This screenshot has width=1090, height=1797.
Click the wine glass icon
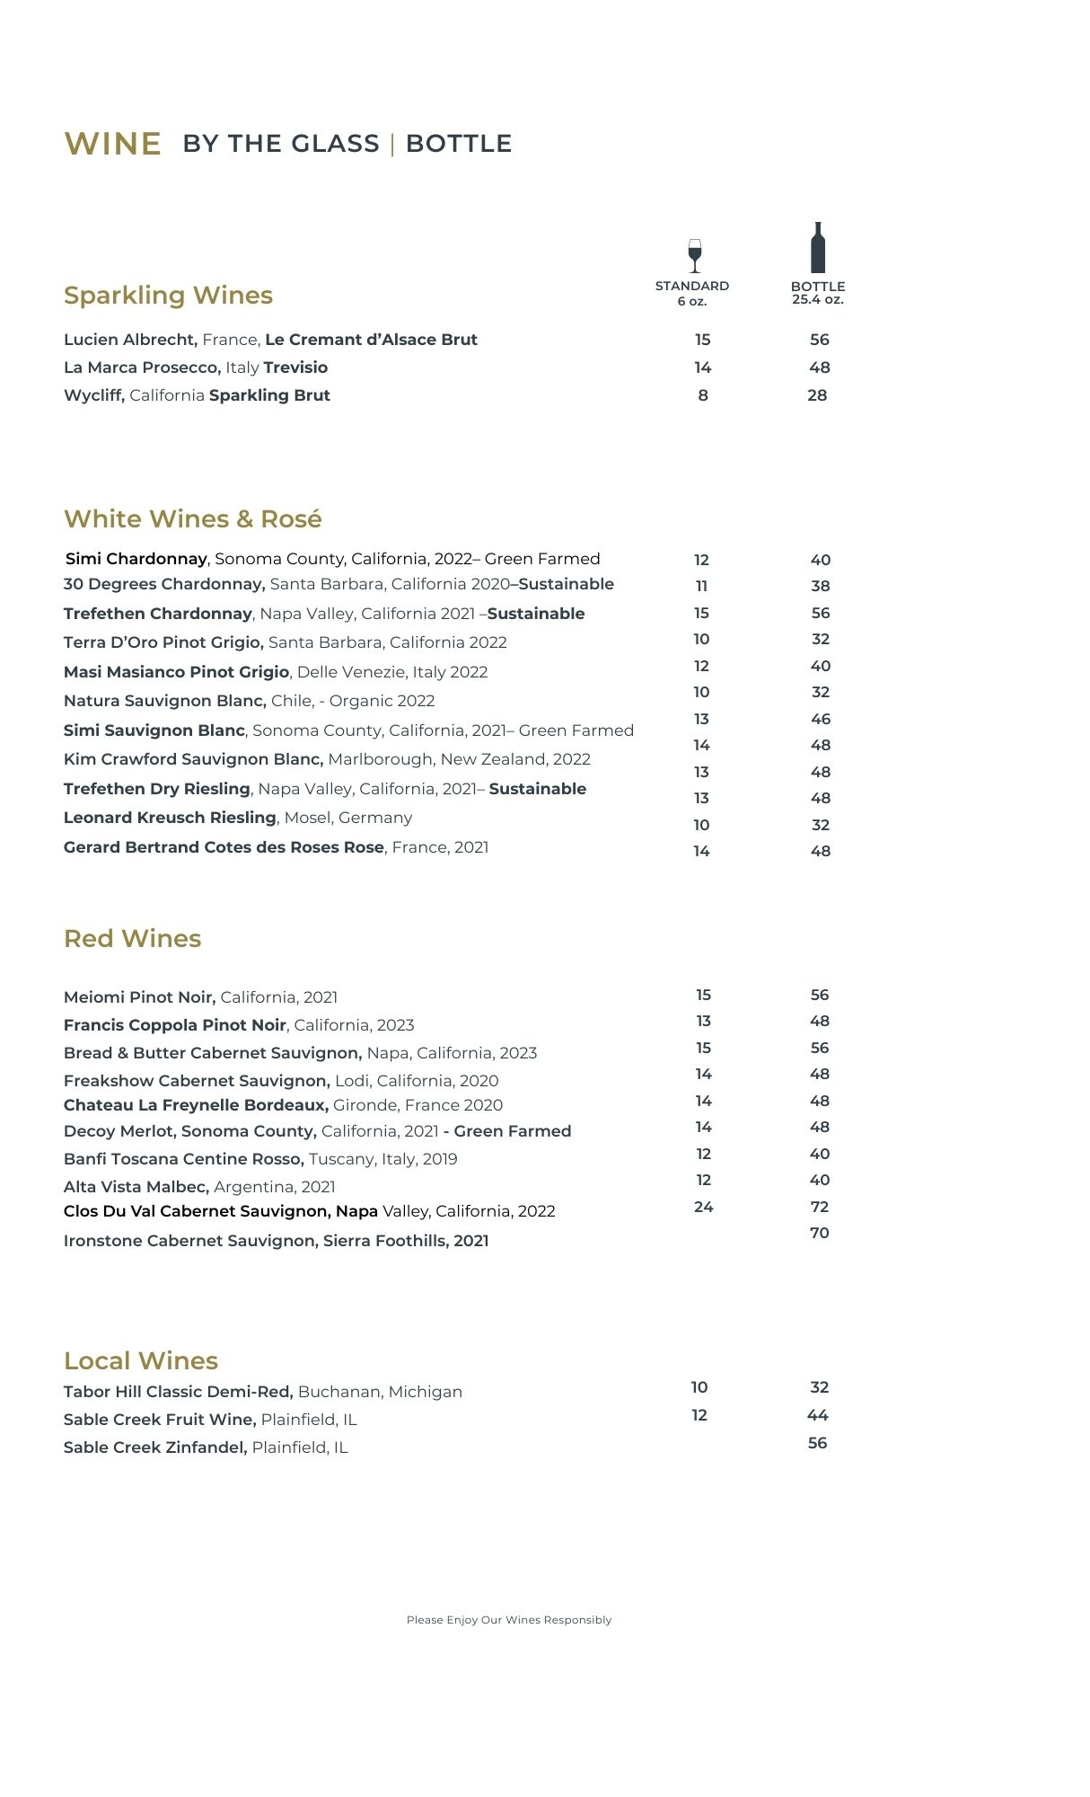click(x=694, y=255)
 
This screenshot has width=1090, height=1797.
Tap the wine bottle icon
click(x=818, y=248)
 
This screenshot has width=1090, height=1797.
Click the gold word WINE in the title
click(x=113, y=144)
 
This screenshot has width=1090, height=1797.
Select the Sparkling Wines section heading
click(x=168, y=296)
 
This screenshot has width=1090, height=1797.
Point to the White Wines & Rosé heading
click(x=192, y=519)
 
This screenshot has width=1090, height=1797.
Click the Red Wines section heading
click(x=132, y=939)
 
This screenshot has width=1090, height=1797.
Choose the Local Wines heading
click(x=141, y=1361)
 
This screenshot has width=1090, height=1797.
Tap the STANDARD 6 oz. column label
click(x=692, y=293)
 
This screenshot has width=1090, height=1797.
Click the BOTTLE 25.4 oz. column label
click(x=818, y=293)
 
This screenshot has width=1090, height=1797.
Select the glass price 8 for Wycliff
click(x=703, y=395)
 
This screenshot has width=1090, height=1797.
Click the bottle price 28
click(x=817, y=395)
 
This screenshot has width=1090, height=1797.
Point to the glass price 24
click(x=704, y=1207)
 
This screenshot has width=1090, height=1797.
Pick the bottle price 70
click(x=820, y=1233)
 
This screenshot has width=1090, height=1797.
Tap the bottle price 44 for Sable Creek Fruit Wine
click(x=818, y=1415)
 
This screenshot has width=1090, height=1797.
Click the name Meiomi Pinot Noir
click(x=139, y=997)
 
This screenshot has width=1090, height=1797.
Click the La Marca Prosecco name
click(x=142, y=367)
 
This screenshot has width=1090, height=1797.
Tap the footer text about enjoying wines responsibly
click(x=509, y=1620)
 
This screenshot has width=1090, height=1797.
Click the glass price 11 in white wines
click(x=702, y=586)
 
